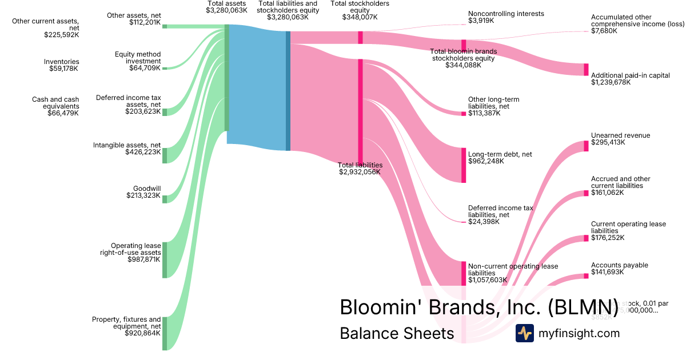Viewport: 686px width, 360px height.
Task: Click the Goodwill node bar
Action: coord(165,199)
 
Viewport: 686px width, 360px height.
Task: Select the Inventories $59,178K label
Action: coord(62,65)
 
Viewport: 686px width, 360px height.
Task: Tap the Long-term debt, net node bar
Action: coord(464,165)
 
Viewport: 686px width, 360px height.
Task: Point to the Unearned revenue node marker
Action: coord(586,146)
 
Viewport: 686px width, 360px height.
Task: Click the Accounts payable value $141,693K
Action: coord(608,272)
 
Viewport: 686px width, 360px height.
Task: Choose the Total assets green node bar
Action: coord(227,78)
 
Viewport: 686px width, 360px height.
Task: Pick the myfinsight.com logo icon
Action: coord(524,333)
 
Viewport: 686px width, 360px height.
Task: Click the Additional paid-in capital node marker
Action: coord(586,69)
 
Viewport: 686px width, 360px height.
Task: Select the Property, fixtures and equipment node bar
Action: coord(165,333)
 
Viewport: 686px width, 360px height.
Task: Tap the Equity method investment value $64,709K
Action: coord(145,68)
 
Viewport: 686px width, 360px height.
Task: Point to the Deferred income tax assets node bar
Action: coord(165,112)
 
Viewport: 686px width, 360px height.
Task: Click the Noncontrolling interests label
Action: coord(506,14)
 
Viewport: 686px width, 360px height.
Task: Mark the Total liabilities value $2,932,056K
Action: coord(360,171)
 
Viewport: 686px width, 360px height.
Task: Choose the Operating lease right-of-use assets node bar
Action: coord(165,260)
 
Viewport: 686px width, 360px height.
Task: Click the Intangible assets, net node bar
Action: coord(165,155)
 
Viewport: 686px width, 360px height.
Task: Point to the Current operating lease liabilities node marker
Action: coord(586,238)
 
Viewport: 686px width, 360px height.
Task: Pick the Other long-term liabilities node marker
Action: coord(464,114)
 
